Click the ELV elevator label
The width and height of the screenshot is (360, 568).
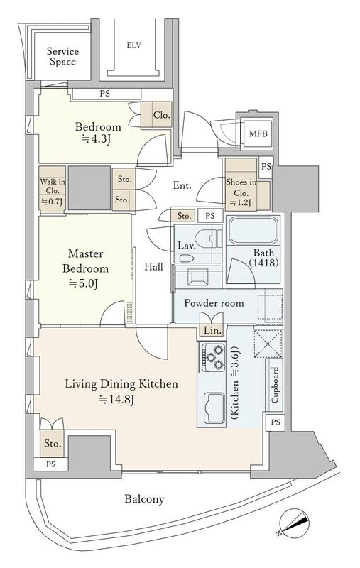(133, 45)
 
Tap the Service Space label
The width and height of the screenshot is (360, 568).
(62, 57)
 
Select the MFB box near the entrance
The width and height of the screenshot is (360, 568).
(258, 133)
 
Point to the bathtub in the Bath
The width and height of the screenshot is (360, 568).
(253, 230)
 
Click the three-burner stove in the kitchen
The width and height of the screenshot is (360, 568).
(213, 357)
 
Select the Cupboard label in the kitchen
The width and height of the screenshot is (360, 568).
(275, 385)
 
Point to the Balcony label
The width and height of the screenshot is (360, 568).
(144, 499)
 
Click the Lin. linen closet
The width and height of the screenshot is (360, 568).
(212, 330)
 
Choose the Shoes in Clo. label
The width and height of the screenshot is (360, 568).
(241, 192)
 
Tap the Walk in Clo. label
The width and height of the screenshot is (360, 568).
(53, 191)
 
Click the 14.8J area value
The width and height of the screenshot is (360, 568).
(117, 400)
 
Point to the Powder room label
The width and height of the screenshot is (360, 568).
(214, 303)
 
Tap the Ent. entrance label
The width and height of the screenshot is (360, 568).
(182, 185)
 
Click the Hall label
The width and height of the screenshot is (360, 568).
(153, 267)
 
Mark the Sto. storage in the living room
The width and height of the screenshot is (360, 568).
(52, 443)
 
